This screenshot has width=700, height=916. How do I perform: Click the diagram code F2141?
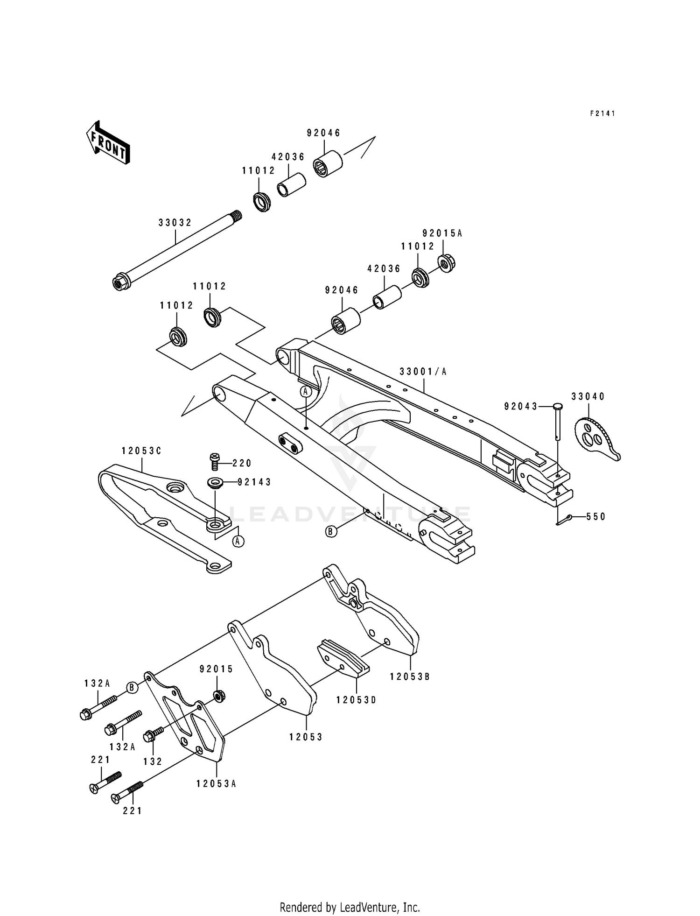click(602, 113)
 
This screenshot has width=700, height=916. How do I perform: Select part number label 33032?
click(175, 223)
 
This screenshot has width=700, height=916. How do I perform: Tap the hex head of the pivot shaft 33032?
click(119, 282)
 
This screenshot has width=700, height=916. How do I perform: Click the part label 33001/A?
click(423, 372)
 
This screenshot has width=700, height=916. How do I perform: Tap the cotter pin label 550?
click(595, 517)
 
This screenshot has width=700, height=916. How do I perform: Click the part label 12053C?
click(141, 451)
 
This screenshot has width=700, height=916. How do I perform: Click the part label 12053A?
click(216, 784)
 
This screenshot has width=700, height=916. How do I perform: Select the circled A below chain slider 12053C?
click(238, 541)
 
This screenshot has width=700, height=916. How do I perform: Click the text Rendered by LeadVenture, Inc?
click(350, 907)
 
